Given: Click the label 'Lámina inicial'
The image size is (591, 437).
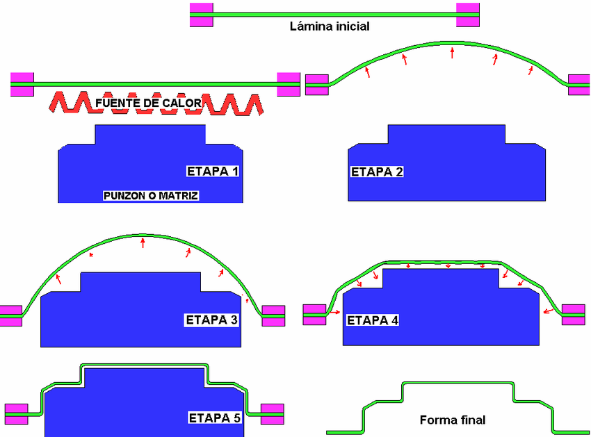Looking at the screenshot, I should [x=329, y=27].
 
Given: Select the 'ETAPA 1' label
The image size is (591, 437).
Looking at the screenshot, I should [x=213, y=171].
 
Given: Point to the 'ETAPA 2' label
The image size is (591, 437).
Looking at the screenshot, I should [x=377, y=172].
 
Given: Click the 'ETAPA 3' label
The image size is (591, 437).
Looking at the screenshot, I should [x=211, y=320].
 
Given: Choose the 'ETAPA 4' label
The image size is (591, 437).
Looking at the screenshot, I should [x=373, y=320].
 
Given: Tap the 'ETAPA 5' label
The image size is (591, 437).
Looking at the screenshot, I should [x=215, y=418].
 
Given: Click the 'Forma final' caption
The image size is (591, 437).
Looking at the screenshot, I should [x=453, y=420].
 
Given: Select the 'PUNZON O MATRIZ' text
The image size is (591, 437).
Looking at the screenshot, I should [x=151, y=196].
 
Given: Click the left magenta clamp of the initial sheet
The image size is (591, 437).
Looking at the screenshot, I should [x=202, y=15].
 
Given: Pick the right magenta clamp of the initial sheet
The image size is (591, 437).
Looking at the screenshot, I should [x=468, y=15].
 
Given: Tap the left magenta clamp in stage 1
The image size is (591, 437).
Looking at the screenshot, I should [x=22, y=83].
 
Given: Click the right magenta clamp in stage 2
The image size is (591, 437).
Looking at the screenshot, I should [x=579, y=84].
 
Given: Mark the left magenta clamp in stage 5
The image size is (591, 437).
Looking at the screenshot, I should [x=16, y=413].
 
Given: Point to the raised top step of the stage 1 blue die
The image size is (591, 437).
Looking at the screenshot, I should [x=150, y=134].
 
